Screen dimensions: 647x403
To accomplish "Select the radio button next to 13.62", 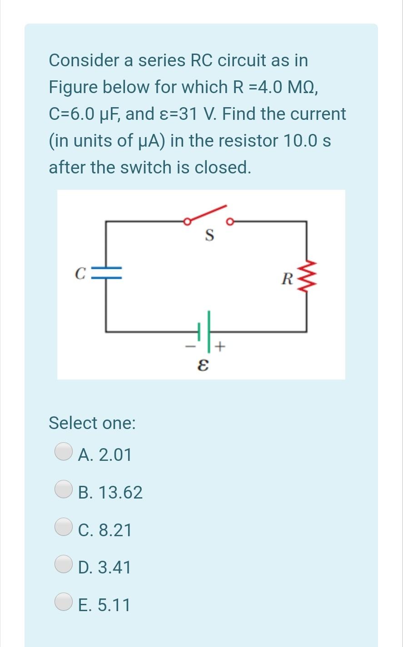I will [x=64, y=489].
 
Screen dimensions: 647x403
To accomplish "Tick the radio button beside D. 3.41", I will [x=64, y=564].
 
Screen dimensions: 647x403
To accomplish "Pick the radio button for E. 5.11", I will [x=64, y=602].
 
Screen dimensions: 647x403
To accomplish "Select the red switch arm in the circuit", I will [x=207, y=215].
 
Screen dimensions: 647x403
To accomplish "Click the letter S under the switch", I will [x=209, y=235].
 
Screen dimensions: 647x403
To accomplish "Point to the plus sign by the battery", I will [x=220, y=347].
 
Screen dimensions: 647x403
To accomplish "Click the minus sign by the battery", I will [x=190, y=348].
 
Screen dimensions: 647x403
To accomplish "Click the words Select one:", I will [x=92, y=423].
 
